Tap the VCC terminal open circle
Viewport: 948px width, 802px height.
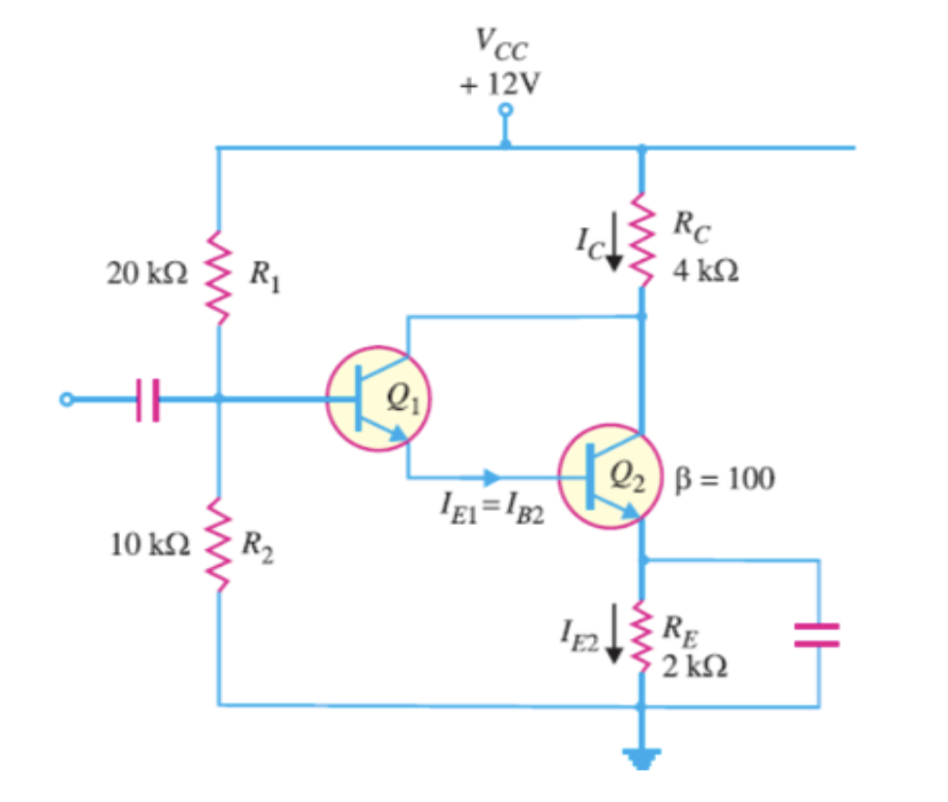coord(504,110)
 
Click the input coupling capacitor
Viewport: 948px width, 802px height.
coord(147,399)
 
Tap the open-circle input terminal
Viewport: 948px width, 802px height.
coord(65,399)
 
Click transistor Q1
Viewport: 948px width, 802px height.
coord(379,399)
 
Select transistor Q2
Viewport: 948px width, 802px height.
coord(611,477)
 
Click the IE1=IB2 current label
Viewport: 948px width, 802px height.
coord(492,511)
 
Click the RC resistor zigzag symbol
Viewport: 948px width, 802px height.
coord(642,239)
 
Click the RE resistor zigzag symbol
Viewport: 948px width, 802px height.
coord(642,632)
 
